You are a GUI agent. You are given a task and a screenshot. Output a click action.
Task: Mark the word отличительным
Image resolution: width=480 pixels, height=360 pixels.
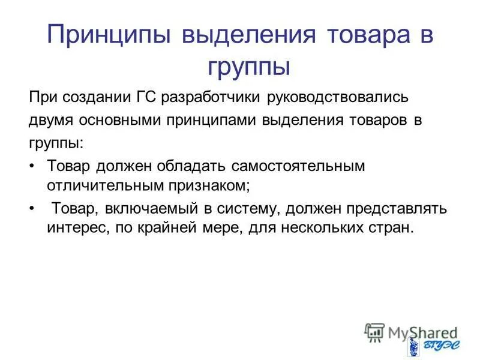pyautogui.click(x=100, y=185)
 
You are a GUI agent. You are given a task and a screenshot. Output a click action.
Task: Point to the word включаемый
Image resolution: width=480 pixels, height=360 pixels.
pyautogui.click(x=152, y=209)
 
